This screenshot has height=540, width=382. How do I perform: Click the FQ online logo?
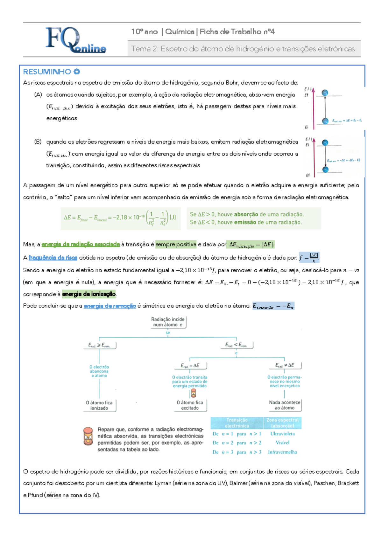click(x=75, y=40)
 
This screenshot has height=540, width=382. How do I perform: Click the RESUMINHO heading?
click(x=47, y=72)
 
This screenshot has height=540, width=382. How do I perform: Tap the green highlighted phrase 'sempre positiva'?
click(x=176, y=244)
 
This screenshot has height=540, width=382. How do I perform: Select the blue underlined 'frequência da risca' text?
click(x=53, y=258)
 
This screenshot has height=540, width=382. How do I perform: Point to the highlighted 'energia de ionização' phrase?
click(x=89, y=294)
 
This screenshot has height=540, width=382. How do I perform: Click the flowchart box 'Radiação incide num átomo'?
click(x=168, y=322)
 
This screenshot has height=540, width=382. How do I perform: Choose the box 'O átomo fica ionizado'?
click(x=99, y=405)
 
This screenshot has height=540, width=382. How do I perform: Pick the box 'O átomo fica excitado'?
click(x=190, y=405)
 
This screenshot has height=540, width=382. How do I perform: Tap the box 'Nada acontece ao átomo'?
click(x=285, y=405)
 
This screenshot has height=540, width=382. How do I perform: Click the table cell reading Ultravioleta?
click(x=282, y=434)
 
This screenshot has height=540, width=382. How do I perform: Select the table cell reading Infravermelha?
click(x=282, y=452)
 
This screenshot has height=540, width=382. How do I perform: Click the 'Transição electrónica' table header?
click(x=237, y=423)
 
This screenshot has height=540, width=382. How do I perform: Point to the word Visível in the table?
click(x=282, y=443)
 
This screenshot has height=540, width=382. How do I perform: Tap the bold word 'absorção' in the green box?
click(x=246, y=214)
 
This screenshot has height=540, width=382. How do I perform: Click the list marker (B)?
click(x=38, y=142)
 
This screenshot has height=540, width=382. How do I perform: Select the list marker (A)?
click(x=38, y=95)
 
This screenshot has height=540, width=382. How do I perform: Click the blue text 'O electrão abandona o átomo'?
click(x=99, y=371)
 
